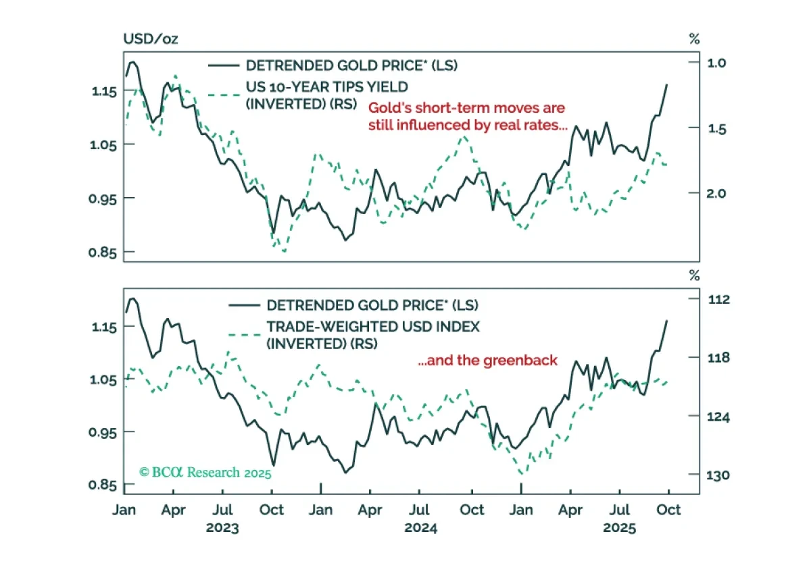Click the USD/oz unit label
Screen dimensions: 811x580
pyautogui.click(x=151, y=38)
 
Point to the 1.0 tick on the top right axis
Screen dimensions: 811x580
pyautogui.click(x=716, y=63)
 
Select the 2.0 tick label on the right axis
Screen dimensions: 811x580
pyautogui.click(x=716, y=194)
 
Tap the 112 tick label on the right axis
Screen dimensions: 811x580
pyautogui.click(x=718, y=299)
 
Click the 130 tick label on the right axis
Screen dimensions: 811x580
pyautogui.click(x=718, y=475)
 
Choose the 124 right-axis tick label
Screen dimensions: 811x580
pyautogui.click(x=718, y=417)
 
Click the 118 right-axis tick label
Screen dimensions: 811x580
pyautogui.click(x=718, y=358)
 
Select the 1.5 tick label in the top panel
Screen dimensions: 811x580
pyautogui.click(x=717, y=129)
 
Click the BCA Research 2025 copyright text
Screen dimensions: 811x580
pyautogui.click(x=205, y=473)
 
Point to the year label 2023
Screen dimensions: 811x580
pyautogui.click(x=222, y=528)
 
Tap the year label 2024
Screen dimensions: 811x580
pyautogui.click(x=420, y=528)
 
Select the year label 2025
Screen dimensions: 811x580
pyautogui.click(x=620, y=528)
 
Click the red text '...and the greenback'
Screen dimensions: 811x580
pyautogui.click(x=487, y=361)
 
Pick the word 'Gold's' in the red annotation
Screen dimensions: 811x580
pyautogui.click(x=389, y=108)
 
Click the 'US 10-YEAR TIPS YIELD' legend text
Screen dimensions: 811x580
pyautogui.click(x=327, y=87)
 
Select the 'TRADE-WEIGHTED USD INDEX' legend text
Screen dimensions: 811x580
pyautogui.click(x=373, y=327)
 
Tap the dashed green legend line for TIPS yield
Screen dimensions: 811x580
pyautogui.click(x=224, y=95)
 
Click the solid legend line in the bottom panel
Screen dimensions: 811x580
pyautogui.click(x=245, y=305)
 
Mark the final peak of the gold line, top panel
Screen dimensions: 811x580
pyautogui.click(x=667, y=84)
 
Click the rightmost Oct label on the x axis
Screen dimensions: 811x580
pyautogui.click(x=668, y=510)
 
